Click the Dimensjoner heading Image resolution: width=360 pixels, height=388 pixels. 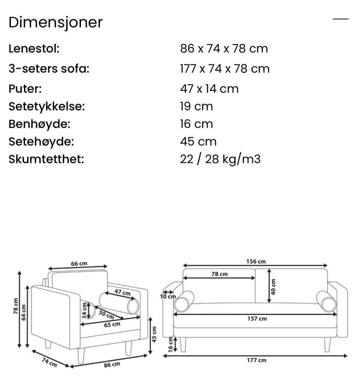55,23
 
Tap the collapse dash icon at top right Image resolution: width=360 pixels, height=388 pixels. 340,19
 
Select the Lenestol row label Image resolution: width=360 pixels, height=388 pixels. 34,48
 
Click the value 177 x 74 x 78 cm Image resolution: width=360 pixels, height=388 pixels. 225,69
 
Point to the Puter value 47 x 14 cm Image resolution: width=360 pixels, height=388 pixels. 209,89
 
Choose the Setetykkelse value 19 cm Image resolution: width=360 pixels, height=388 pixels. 196,107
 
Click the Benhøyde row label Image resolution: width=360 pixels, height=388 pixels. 39,124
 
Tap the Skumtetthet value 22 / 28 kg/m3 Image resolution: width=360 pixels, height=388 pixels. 220,159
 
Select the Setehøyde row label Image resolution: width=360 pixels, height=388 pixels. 41,141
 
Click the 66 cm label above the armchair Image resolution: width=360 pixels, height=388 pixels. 79,263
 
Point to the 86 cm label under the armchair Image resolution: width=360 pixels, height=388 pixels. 112,364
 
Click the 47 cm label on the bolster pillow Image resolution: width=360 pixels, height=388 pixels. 122,292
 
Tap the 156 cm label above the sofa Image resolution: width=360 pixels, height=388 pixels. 256,262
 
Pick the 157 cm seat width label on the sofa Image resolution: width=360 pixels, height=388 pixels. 257,319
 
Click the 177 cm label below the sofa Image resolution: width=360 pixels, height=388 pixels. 256,360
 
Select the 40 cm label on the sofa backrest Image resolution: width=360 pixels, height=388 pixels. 273,287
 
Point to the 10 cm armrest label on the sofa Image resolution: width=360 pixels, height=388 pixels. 168,296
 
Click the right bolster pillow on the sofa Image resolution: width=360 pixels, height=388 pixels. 326,301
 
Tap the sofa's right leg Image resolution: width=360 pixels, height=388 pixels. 327,344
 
